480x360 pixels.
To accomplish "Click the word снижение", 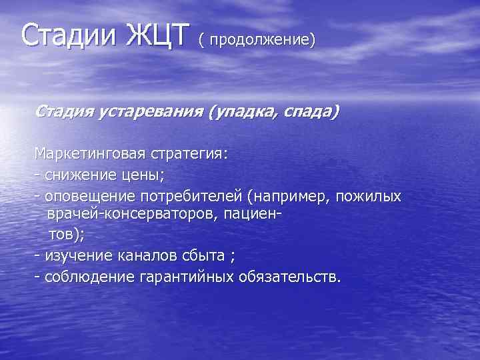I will coord(82,175).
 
